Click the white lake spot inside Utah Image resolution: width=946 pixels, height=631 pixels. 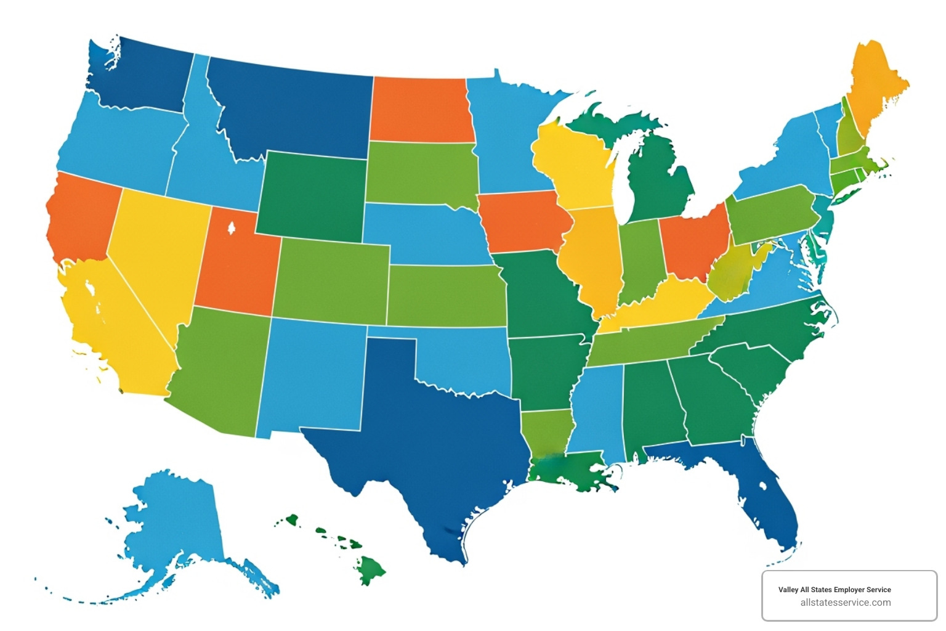click(x=232, y=229)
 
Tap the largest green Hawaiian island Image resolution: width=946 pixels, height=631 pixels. click(x=371, y=569)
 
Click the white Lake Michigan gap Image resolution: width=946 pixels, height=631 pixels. click(x=622, y=185)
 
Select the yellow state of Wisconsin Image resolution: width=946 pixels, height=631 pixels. click(x=576, y=166)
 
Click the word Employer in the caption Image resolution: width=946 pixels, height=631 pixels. click(x=849, y=590)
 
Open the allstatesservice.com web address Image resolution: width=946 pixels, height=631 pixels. click(x=846, y=603)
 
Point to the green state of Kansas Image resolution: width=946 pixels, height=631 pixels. click(x=447, y=296)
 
